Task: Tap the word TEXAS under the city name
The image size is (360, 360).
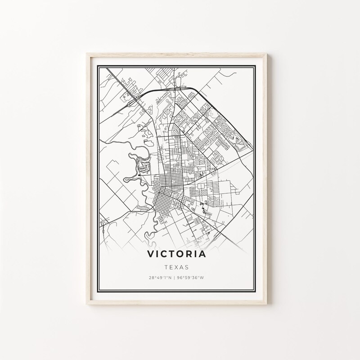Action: [176, 266]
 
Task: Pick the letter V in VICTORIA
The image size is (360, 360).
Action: [150, 254]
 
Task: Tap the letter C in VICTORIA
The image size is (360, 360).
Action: [164, 254]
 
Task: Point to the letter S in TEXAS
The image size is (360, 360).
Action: [186, 266]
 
